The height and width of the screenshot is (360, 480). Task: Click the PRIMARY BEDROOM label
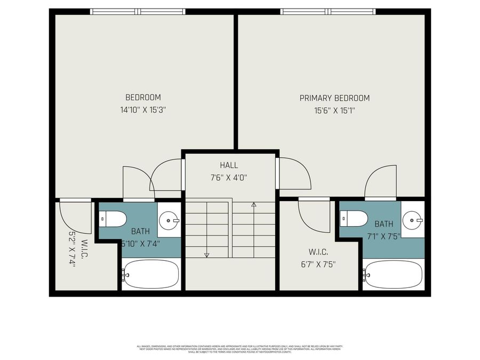(334, 98)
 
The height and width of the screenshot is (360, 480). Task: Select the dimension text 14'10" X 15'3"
(143, 111)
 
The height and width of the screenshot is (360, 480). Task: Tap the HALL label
(229, 165)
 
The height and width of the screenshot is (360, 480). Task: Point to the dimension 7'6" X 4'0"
(229, 178)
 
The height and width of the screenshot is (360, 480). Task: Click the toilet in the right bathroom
(355, 218)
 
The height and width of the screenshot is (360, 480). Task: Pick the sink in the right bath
(412, 219)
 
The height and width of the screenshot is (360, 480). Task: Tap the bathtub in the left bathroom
(151, 275)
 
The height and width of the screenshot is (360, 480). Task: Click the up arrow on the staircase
(254, 204)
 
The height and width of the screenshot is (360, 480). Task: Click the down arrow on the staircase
(207, 255)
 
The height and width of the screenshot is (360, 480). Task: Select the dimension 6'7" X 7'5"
(319, 263)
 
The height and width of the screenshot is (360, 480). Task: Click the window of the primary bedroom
(330, 11)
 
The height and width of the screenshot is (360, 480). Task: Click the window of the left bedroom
(138, 11)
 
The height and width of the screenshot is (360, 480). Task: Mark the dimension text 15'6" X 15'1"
(334, 111)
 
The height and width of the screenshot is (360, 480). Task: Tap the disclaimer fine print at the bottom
(239, 348)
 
